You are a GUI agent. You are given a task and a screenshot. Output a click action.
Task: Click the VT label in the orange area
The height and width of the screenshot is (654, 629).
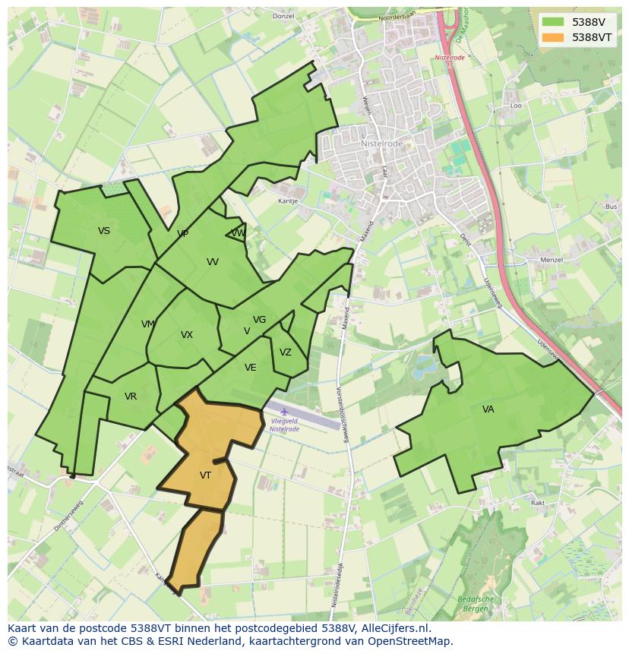tap(205, 475)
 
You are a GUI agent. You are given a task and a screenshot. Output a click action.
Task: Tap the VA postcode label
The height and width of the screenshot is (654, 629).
tap(488, 409)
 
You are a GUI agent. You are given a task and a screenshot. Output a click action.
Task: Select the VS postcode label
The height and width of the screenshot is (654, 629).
tap(104, 231)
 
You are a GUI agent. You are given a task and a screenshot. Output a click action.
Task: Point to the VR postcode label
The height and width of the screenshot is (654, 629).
tap(131, 397)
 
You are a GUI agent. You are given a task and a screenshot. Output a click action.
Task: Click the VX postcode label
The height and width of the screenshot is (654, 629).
tap(187, 335)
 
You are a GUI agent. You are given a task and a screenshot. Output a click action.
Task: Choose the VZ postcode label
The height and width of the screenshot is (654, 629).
tap(286, 352)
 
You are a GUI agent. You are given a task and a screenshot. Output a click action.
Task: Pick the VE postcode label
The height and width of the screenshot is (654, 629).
tap(251, 368)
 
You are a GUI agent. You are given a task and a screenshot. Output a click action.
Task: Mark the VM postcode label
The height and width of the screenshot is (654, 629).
tap(148, 324)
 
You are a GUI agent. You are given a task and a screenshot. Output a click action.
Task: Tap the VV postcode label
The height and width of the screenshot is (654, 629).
tap(213, 262)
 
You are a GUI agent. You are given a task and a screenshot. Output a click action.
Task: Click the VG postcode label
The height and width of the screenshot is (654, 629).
tap(260, 320)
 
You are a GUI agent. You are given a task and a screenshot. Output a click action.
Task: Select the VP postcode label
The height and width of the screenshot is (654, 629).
tap(182, 234)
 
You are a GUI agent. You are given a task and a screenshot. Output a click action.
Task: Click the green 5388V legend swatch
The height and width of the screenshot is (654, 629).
tap(554, 22)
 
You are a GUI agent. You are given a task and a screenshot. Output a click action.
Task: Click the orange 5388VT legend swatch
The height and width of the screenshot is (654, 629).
tap(554, 37)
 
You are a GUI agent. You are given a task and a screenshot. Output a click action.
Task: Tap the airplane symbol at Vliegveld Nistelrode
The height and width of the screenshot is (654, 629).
tap(284, 412)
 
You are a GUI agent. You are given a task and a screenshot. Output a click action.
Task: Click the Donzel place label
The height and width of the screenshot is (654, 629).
tap(283, 16)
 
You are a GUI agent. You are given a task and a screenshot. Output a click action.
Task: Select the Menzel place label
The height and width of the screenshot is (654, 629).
tap(551, 260)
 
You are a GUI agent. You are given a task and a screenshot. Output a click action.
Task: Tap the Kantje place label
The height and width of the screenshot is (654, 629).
tap(287, 201)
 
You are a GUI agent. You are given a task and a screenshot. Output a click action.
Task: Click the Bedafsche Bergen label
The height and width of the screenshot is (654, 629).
tap(476, 604)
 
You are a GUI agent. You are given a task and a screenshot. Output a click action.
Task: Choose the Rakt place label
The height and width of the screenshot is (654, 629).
tap(538, 503)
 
